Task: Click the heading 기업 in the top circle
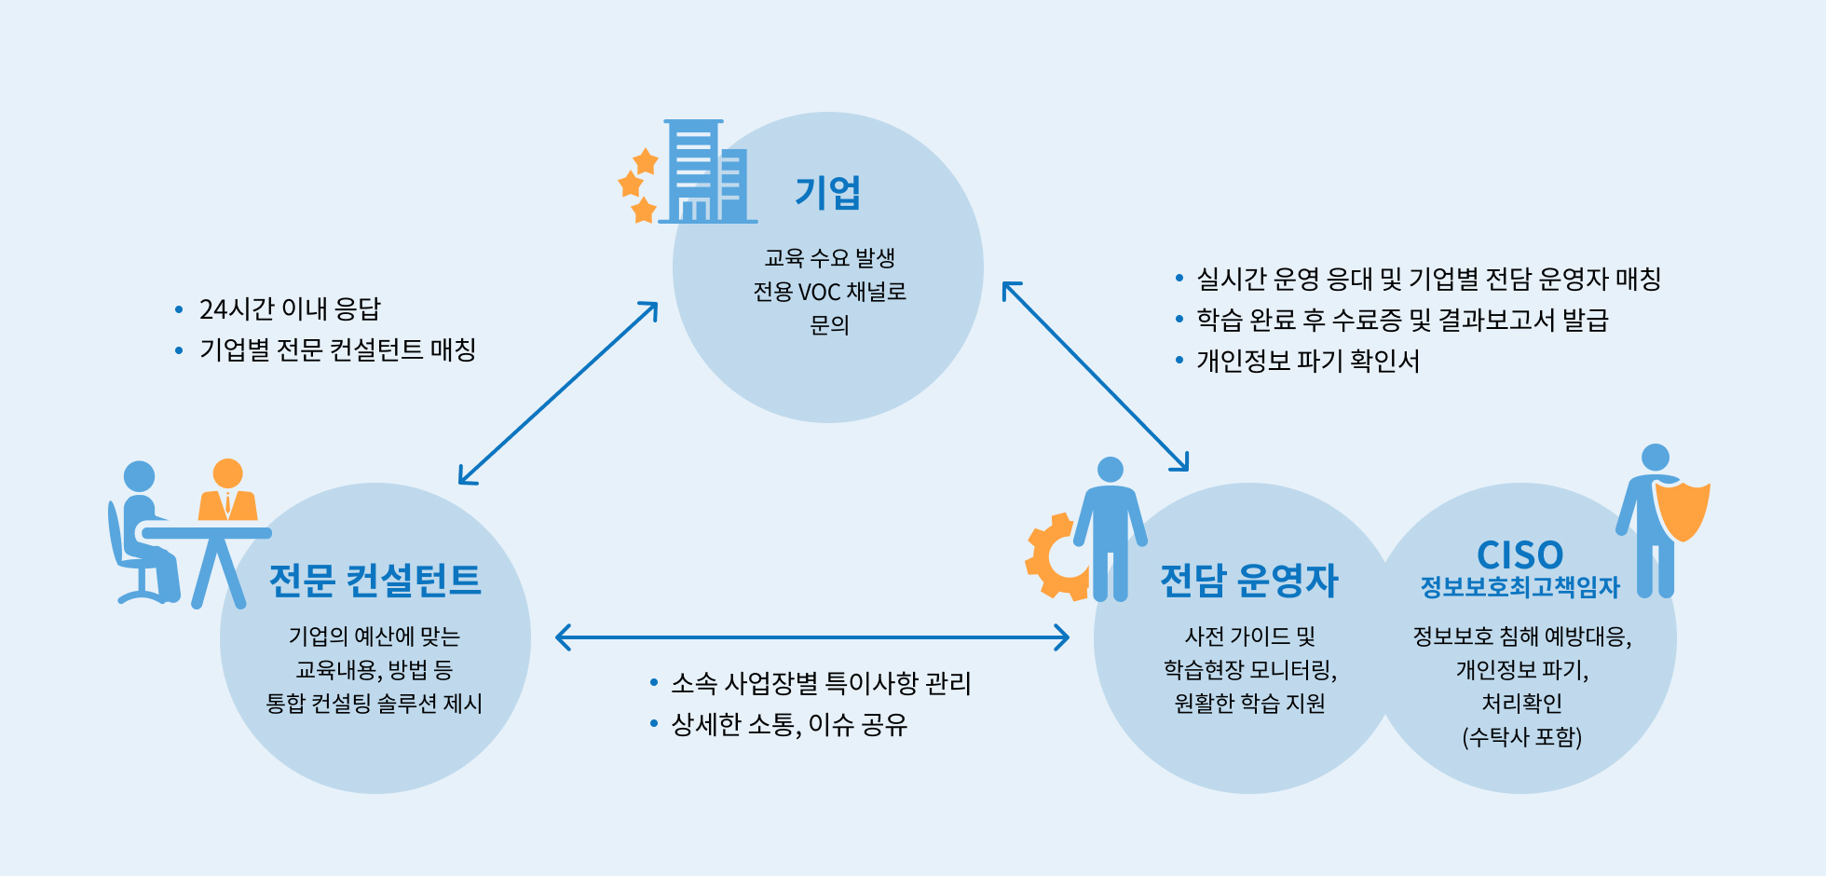827,193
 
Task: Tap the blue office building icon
707,171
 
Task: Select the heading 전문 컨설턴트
375,580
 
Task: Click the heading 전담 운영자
1248,580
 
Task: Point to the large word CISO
1520,555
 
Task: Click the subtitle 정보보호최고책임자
1520,587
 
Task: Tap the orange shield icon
1683,512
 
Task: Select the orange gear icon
1056,556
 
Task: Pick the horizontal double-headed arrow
811,637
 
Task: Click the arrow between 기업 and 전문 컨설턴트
558,392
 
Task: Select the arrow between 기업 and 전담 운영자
1096,376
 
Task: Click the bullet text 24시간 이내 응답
290,309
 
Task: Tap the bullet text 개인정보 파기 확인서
1308,361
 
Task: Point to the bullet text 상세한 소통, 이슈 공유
789,725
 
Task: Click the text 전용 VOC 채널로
829,292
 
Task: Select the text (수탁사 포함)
1522,737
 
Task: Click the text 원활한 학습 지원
1249,704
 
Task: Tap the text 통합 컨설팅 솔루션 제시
375,704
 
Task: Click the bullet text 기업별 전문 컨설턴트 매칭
337,350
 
